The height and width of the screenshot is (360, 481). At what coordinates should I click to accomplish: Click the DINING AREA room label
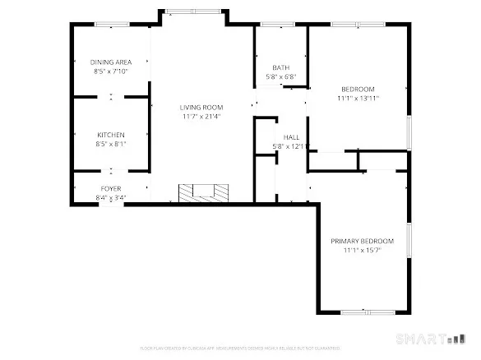point(111,62)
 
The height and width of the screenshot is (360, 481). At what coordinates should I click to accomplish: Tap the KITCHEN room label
point(111,134)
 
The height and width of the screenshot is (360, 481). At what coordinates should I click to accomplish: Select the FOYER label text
point(111,188)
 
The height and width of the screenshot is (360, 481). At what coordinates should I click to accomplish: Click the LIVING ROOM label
point(202,107)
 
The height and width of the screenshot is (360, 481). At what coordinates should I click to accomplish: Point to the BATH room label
point(280,67)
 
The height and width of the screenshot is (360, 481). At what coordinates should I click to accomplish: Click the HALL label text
point(291,137)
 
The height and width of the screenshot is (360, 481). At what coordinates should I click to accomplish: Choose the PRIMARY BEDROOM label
point(362,241)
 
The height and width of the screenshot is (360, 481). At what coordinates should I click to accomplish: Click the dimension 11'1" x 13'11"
point(358,98)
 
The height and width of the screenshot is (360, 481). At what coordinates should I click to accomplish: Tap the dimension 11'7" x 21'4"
point(202,117)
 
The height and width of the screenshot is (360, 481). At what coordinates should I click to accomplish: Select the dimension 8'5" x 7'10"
point(111,72)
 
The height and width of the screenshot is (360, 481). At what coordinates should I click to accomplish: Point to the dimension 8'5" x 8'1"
point(111,144)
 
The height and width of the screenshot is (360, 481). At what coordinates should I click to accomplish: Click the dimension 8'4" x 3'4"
point(111,197)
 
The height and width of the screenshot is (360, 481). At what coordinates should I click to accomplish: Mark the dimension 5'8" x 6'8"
point(280,77)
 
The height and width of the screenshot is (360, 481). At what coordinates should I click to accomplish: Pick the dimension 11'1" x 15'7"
point(362,251)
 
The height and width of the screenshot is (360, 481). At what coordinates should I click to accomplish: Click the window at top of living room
point(193,12)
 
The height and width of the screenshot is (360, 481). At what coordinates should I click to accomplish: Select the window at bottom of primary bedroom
point(363,312)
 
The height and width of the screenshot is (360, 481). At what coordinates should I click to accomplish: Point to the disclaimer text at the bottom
point(240,348)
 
